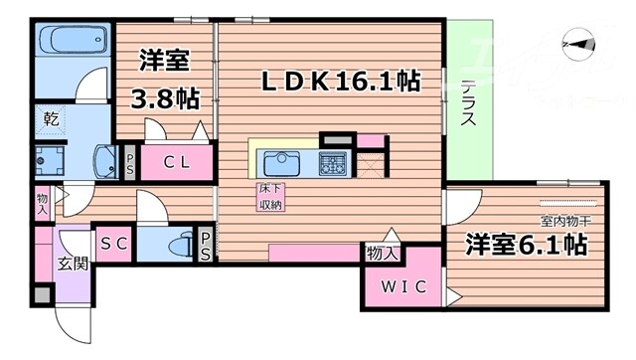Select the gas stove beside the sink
[x=331, y=162]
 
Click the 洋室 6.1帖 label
[x=526, y=246]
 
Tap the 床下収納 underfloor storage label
[x=269, y=196]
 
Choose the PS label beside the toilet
[x=205, y=246]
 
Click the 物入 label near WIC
[x=382, y=254]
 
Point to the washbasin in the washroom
[x=104, y=161]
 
